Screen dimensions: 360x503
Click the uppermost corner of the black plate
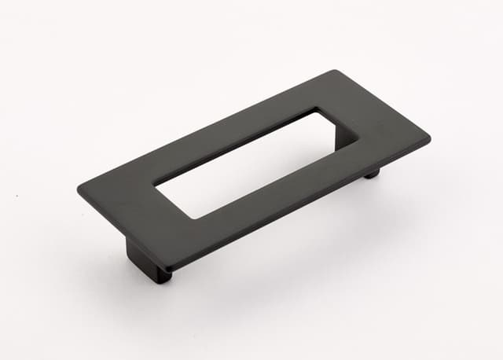(x=336, y=72)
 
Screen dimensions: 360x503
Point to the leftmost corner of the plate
(x=78, y=189)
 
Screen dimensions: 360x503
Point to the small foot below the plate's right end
(x=370, y=172)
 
